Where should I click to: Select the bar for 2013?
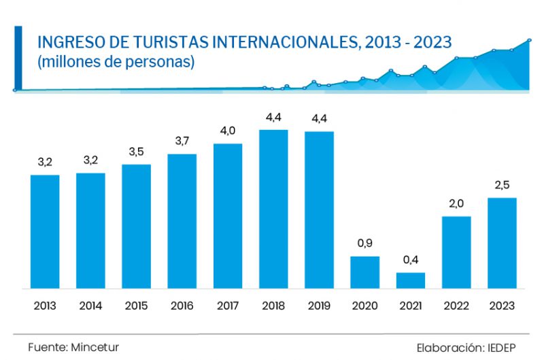tap(45, 231)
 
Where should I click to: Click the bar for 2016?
tap(182, 221)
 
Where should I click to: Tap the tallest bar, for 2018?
tap(273, 209)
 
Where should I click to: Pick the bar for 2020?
tap(364, 272)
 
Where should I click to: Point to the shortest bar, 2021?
tap(411, 280)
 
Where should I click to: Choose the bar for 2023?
tap(502, 243)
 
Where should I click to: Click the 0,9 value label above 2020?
tap(364, 243)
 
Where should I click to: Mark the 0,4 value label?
tap(411, 259)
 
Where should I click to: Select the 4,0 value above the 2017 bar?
tap(228, 131)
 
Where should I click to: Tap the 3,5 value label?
tap(136, 151)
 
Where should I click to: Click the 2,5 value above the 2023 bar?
tap(502, 184)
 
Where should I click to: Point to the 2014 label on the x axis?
tap(90, 306)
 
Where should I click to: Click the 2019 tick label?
tap(319, 306)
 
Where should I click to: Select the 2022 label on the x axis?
tap(456, 306)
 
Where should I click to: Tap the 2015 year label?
tap(136, 306)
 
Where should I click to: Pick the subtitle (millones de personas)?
tap(116, 62)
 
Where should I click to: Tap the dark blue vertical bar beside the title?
tap(18, 58)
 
